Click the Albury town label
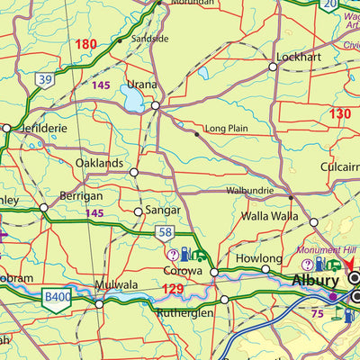(x=315, y=281)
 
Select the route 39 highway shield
(x=45, y=80)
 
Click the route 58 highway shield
(x=165, y=233)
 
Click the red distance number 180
(x=85, y=44)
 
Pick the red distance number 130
(x=339, y=113)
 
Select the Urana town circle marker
(x=155, y=105)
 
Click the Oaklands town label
(x=99, y=163)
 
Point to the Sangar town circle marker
(x=138, y=212)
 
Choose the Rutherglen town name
(x=186, y=313)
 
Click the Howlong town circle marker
(x=265, y=268)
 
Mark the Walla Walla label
(x=269, y=217)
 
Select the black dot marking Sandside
(x=119, y=40)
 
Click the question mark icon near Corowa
(x=173, y=255)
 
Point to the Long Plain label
(x=226, y=130)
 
